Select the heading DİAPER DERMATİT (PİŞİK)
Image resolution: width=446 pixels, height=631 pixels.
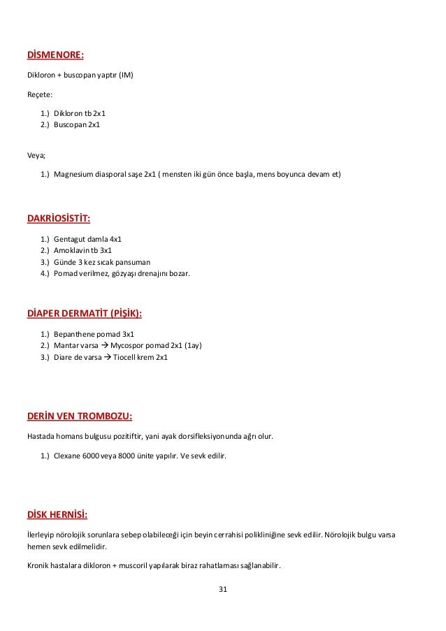click(88, 312)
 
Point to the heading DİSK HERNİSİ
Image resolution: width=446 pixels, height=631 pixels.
click(57, 516)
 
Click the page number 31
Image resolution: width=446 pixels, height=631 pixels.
click(223, 590)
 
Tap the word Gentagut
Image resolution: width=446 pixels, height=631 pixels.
click(71, 239)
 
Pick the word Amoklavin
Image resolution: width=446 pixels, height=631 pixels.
click(73, 250)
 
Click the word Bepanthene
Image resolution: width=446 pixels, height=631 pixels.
click(75, 334)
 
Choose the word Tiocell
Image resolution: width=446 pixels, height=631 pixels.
click(126, 357)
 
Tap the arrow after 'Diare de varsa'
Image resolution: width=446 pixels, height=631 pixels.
click(107, 357)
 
